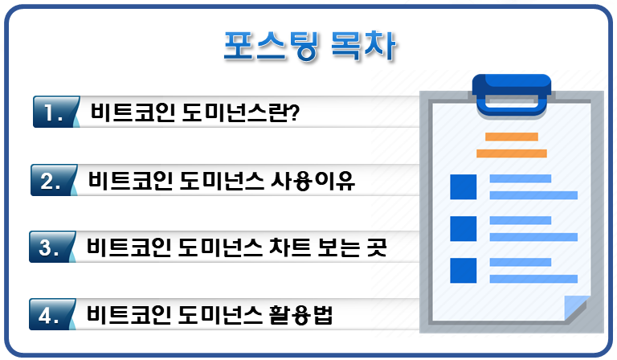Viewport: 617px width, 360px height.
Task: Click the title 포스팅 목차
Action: coord(309,46)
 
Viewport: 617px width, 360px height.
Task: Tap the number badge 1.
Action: coord(55,112)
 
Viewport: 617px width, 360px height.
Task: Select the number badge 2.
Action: coord(53,180)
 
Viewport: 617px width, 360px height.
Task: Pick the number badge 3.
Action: coord(51,247)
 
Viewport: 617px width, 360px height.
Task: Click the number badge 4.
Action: coord(51,314)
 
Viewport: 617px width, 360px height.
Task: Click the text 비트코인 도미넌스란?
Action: coord(195,112)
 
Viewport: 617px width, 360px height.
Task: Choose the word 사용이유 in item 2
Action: coord(313,181)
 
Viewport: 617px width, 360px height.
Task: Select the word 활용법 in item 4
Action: coord(300,315)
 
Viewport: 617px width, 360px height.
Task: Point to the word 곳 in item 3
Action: coord(376,247)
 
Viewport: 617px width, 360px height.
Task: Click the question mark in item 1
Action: coord(294,112)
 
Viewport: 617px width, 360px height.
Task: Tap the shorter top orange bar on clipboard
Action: coord(512,137)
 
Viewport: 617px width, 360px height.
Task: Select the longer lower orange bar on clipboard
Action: coord(512,153)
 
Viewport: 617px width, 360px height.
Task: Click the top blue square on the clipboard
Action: coord(463,187)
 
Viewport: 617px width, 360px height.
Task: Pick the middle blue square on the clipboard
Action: coord(463,228)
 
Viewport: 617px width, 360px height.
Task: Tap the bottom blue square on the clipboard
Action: coord(463,271)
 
